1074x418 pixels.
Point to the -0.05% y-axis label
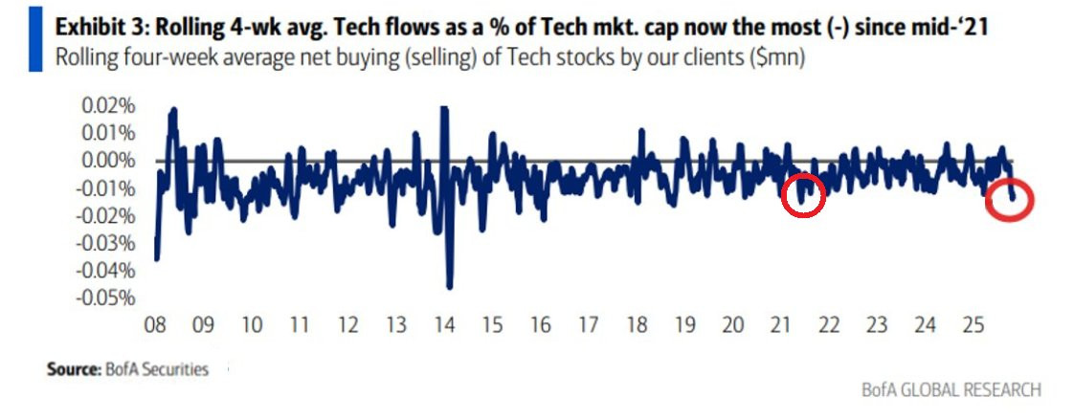click(x=105, y=299)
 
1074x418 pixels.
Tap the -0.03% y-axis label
click(x=105, y=244)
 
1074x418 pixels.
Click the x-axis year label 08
click(x=155, y=324)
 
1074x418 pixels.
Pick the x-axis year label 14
click(x=444, y=324)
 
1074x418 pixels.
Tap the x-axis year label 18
click(x=637, y=324)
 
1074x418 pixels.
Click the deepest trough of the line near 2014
click(x=450, y=287)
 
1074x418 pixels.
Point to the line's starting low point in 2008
click(x=157, y=258)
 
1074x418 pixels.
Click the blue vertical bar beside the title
click(x=34, y=39)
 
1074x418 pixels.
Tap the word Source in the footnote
click(x=74, y=369)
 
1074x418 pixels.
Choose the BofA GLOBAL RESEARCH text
click(x=951, y=390)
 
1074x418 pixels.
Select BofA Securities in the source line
click(x=157, y=369)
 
